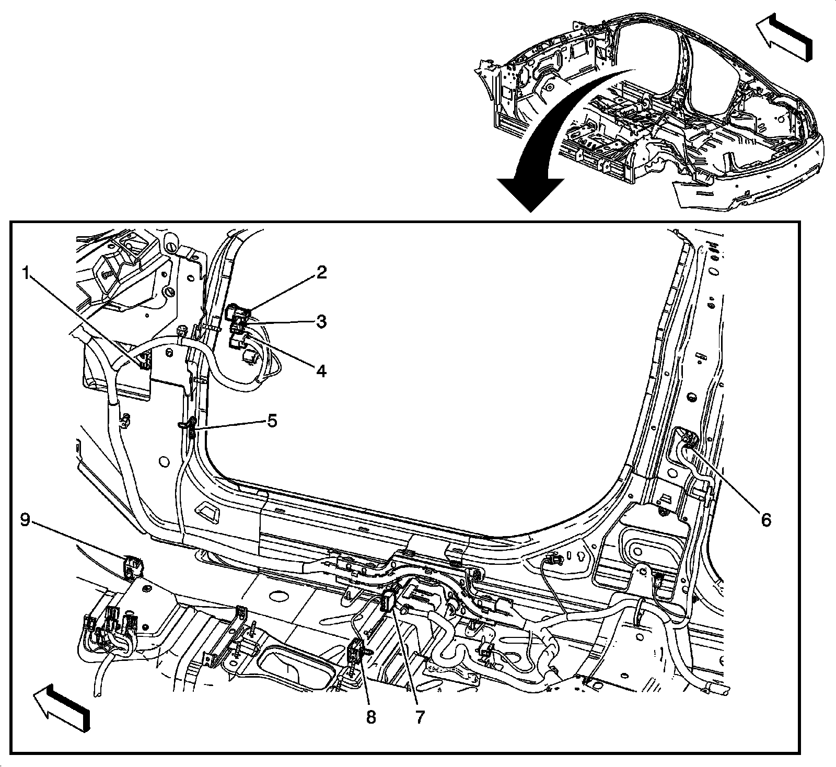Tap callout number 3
[x=321, y=321]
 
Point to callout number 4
[x=321, y=370]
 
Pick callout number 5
[x=272, y=421]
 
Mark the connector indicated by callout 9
[x=133, y=566]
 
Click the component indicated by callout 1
[x=143, y=361]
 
